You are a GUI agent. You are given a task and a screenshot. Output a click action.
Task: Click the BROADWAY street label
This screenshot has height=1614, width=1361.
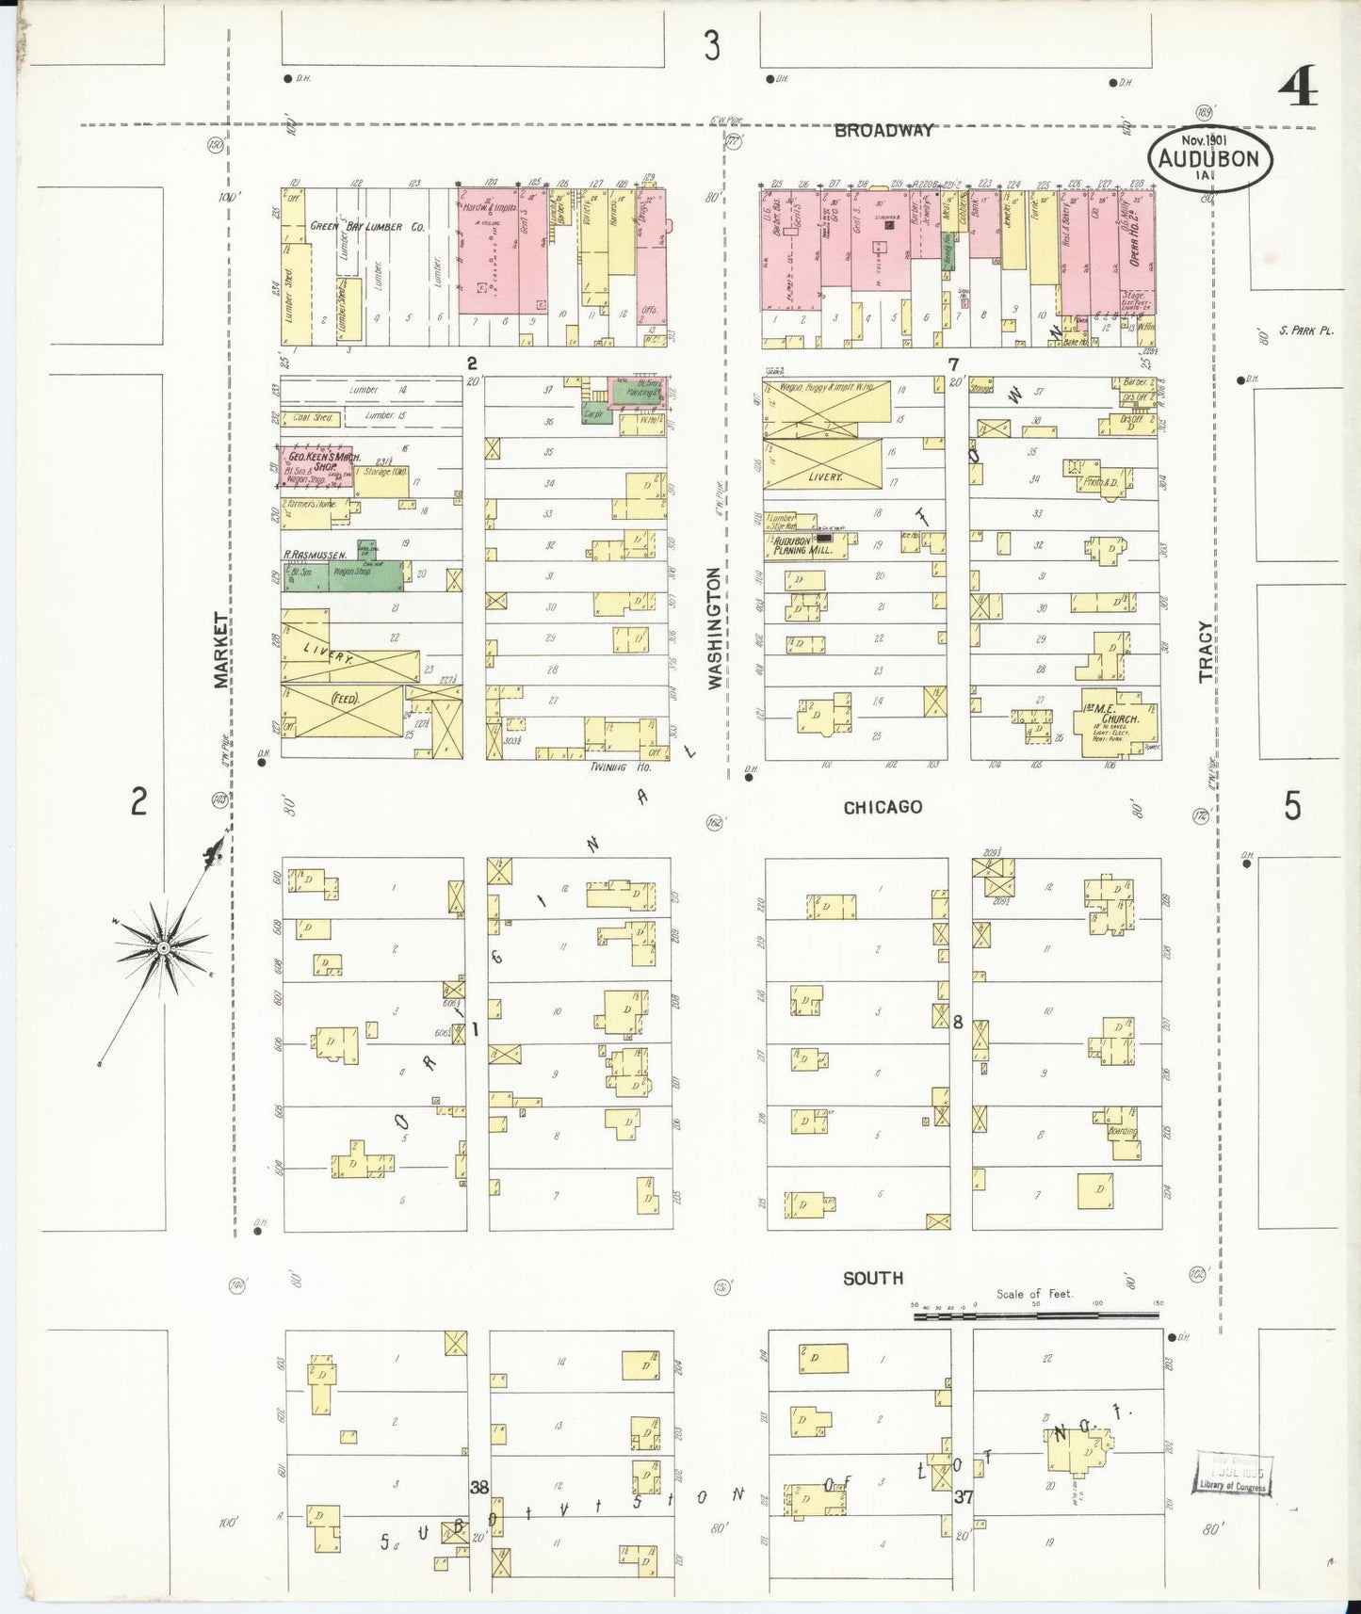(x=883, y=131)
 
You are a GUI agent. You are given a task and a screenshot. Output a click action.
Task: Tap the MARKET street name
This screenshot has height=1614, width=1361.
(x=222, y=650)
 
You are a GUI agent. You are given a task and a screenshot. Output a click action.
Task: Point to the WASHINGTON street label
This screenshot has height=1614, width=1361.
(x=716, y=627)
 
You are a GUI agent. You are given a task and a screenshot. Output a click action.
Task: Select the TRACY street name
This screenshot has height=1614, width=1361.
(x=1207, y=651)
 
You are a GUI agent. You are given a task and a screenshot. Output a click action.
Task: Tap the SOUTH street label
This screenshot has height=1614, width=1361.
(x=873, y=1278)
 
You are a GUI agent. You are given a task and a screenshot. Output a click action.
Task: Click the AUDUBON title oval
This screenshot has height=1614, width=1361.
(x=1209, y=158)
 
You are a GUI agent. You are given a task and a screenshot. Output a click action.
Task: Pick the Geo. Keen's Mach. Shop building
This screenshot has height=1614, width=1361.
(x=315, y=468)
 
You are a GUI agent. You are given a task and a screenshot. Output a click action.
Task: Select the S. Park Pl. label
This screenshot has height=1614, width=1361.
(x=1305, y=331)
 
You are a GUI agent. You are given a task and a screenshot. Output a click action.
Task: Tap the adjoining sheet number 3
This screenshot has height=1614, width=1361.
(x=712, y=45)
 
